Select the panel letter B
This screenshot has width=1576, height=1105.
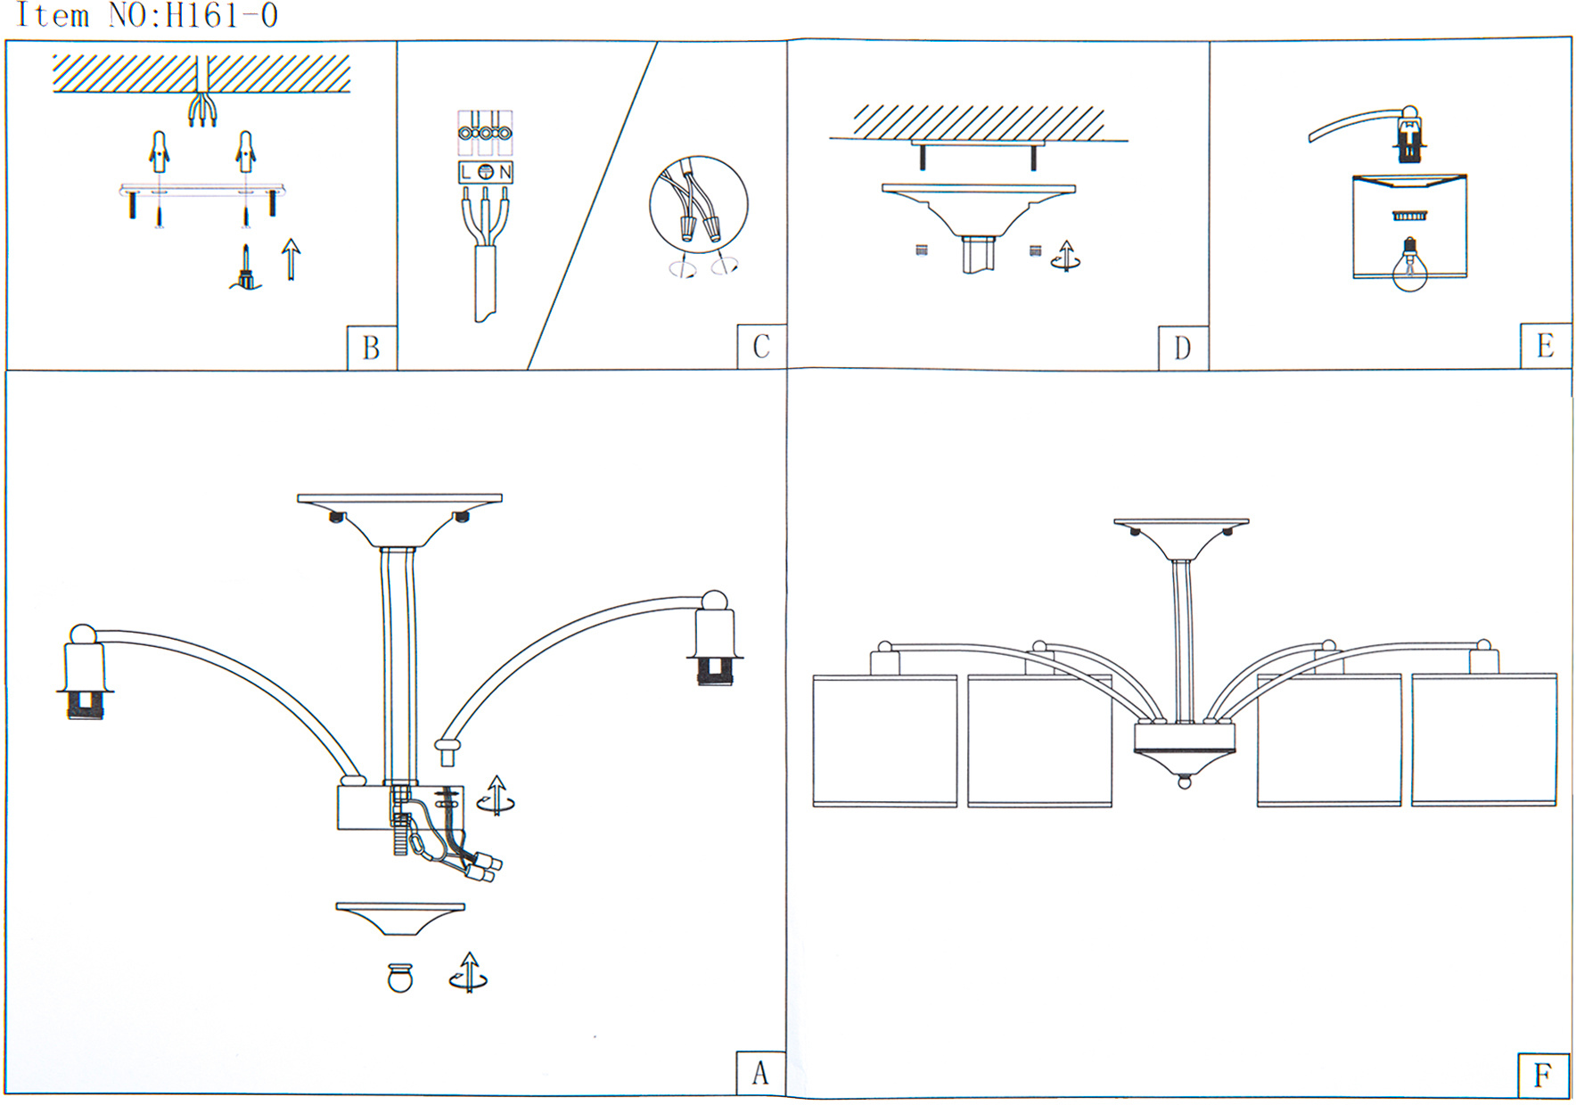coord(371,348)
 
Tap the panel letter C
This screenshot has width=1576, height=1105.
coord(760,347)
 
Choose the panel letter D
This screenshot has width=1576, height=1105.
coord(1182,348)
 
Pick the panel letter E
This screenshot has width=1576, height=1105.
coord(1545,346)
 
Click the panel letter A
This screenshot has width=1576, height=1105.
coord(759,1073)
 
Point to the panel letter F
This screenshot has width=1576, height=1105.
coord(1542,1075)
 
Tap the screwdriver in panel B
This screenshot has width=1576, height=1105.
coord(246,269)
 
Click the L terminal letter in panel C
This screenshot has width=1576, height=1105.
coord(466,172)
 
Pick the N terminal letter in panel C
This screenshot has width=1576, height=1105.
coord(505,172)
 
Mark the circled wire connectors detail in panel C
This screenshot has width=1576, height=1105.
coord(698,206)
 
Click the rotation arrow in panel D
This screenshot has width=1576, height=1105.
coord(1065,256)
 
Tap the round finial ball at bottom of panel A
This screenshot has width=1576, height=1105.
coord(400,978)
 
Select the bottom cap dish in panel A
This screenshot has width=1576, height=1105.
coord(400,918)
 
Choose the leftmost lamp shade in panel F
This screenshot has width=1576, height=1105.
coord(884,741)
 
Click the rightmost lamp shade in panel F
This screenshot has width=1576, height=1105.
coord(1483,740)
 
